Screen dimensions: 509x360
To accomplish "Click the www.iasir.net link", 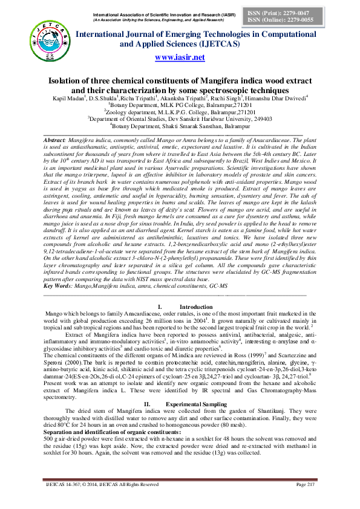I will click(x=180, y=57).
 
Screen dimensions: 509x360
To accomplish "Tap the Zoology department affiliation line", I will click(x=180, y=112).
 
